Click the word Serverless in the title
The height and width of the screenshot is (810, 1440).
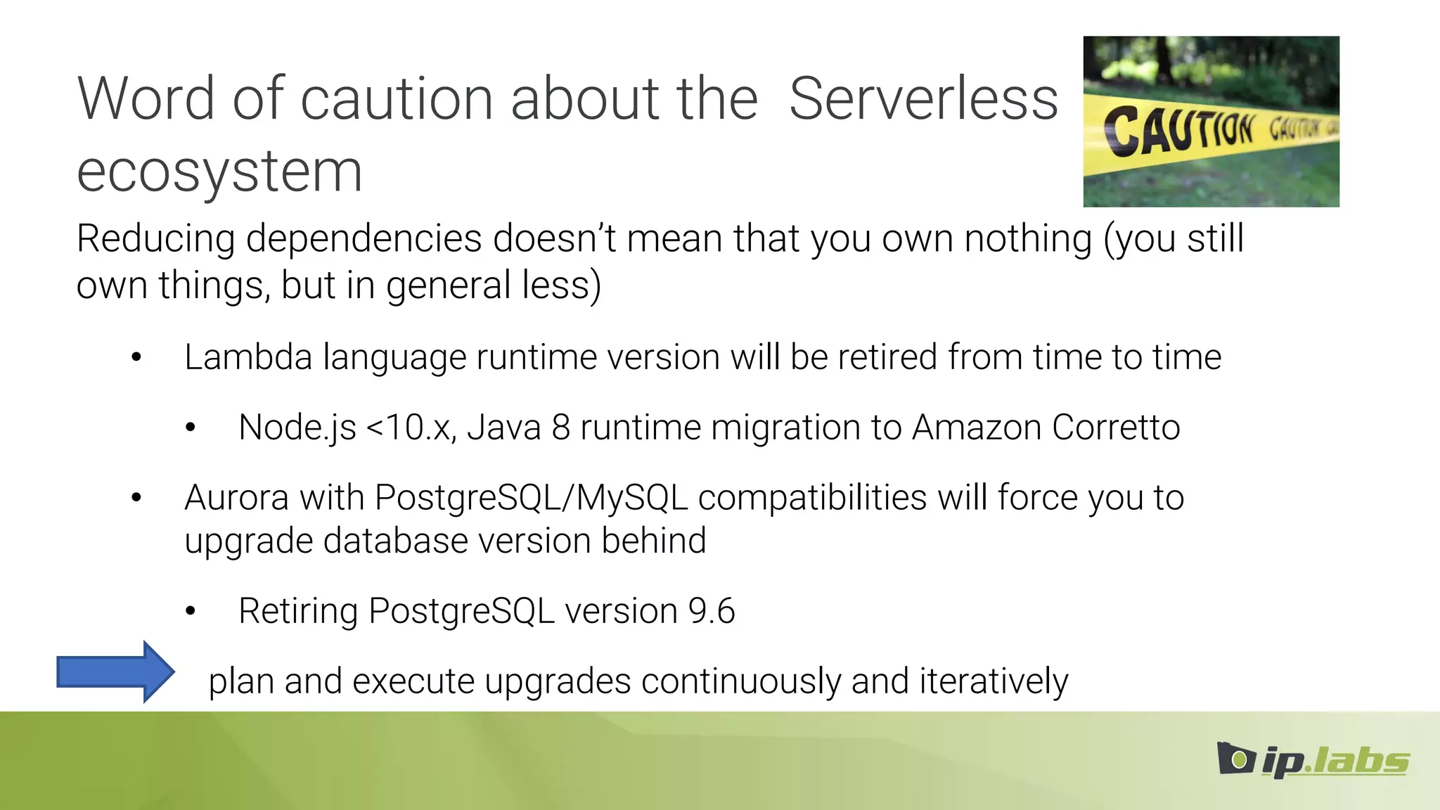[923, 100]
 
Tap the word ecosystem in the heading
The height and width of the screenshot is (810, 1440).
[219, 172]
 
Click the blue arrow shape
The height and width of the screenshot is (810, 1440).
[115, 671]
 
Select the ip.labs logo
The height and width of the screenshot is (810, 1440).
[1313, 759]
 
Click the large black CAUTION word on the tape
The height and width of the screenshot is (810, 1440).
[1178, 130]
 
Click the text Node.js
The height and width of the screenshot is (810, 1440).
[297, 427]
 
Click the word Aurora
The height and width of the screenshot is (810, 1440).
[236, 498]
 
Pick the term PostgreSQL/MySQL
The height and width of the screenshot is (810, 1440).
[531, 498]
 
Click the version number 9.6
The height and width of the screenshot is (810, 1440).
[712, 610]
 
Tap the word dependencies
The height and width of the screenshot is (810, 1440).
[364, 239]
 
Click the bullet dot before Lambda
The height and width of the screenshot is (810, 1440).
[136, 358]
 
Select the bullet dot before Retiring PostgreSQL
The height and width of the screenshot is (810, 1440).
[191, 611]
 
